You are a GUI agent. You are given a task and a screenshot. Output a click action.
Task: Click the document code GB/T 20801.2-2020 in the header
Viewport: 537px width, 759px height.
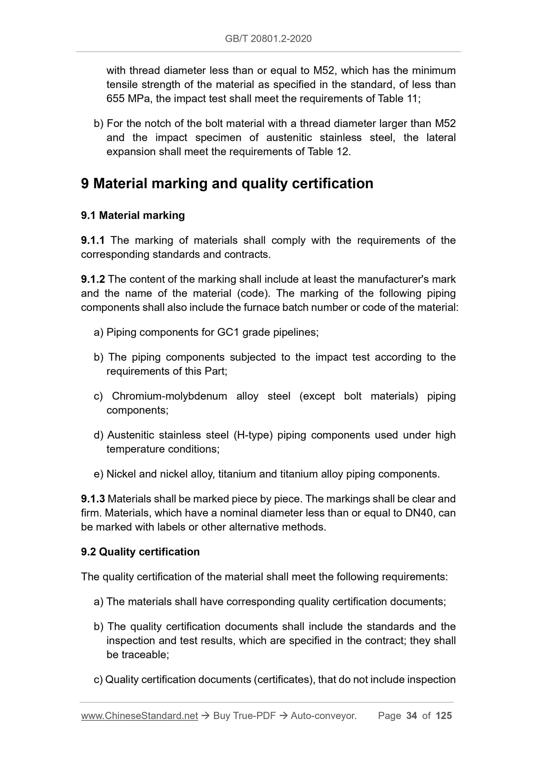pyautogui.click(x=268, y=38)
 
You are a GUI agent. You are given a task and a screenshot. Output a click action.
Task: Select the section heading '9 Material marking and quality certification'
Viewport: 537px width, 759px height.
pyautogui.click(x=227, y=183)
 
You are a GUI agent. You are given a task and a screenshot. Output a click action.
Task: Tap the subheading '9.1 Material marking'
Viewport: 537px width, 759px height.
pyautogui.click(x=133, y=215)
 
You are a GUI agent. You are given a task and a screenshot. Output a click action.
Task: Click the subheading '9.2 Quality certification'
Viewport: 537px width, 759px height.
pyautogui.click(x=140, y=552)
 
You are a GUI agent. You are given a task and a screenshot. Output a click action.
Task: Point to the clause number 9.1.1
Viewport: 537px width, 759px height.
pyautogui.click(x=93, y=240)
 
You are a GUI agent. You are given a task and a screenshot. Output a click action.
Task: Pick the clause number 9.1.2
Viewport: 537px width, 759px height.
pyautogui.click(x=93, y=279)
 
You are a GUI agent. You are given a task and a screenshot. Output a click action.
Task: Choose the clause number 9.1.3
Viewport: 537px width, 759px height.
pyautogui.click(x=93, y=499)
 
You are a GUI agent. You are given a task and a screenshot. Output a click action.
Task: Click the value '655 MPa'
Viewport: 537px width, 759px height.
pyautogui.click(x=127, y=99)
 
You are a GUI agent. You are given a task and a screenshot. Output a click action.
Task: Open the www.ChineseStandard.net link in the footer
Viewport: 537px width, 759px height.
pyautogui.click(x=139, y=716)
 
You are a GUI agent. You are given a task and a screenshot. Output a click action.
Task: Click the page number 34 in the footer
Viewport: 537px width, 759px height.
pyautogui.click(x=411, y=716)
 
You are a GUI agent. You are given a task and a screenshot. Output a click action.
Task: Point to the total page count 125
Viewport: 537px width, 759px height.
pyautogui.click(x=444, y=716)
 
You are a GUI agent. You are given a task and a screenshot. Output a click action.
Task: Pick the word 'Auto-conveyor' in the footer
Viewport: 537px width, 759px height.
pyautogui.click(x=323, y=716)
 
